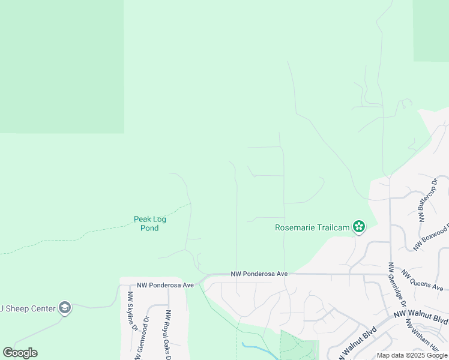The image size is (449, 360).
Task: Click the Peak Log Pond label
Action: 149,223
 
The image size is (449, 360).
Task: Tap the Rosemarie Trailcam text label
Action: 313,227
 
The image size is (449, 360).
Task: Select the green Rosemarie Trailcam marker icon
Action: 358,226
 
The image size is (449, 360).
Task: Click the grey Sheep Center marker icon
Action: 65,308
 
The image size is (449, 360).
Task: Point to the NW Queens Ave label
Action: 423,280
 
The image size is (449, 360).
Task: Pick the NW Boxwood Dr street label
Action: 431,236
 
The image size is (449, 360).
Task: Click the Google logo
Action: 20,353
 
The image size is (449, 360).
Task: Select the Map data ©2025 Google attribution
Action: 412,356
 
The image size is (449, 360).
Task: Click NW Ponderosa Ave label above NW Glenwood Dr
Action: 165,285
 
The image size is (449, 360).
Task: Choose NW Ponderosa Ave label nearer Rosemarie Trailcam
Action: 259,274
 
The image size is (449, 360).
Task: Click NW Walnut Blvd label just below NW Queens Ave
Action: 420,316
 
